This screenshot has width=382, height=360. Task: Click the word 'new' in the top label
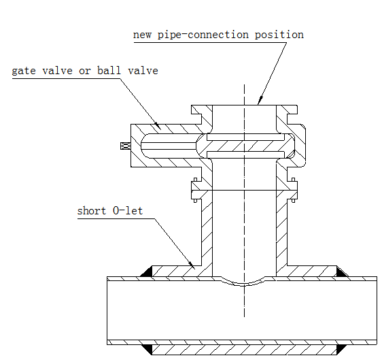tap(142, 35)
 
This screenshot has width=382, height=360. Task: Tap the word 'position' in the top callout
tap(279, 35)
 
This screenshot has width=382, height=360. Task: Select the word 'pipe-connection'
tap(203, 35)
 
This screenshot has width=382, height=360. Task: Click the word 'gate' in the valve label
tap(24, 71)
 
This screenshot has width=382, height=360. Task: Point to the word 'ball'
tap(109, 70)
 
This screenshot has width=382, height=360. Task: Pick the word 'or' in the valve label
tap(84, 71)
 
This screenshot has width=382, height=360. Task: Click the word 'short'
tap(92, 211)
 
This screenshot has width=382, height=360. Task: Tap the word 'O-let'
tap(128, 211)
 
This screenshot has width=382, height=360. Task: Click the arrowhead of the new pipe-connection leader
tap(260, 100)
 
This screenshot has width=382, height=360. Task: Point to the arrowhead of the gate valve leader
tap(158, 126)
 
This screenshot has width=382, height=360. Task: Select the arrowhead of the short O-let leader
tap(192, 265)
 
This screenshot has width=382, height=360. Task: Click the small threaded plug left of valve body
tap(126, 146)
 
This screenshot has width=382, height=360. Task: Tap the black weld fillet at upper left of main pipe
tap(146, 272)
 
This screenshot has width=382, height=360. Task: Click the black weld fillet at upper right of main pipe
tap(342, 272)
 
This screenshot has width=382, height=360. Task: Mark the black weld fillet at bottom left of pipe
tap(147, 349)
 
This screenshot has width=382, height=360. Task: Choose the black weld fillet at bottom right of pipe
tap(342, 349)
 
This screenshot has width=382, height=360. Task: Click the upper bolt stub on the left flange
tap(195, 180)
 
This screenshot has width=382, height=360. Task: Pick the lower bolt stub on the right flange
tap(294, 201)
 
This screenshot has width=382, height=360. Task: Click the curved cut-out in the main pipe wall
tap(243, 283)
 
